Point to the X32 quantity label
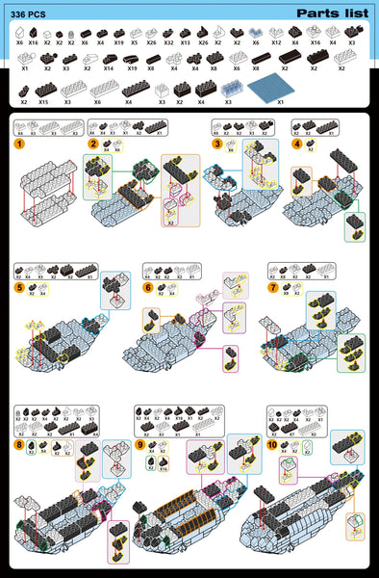pyautogui.click(x=168, y=43)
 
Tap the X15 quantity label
pyautogui.click(x=43, y=101)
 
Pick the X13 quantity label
pyautogui.click(x=185, y=43)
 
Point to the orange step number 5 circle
pyautogui.click(x=18, y=287)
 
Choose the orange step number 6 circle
pyautogui.click(x=148, y=287)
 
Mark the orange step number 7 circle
pyautogui.click(x=273, y=287)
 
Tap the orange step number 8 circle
pyautogui.click(x=18, y=445)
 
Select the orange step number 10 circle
pyautogui.click(x=272, y=445)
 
